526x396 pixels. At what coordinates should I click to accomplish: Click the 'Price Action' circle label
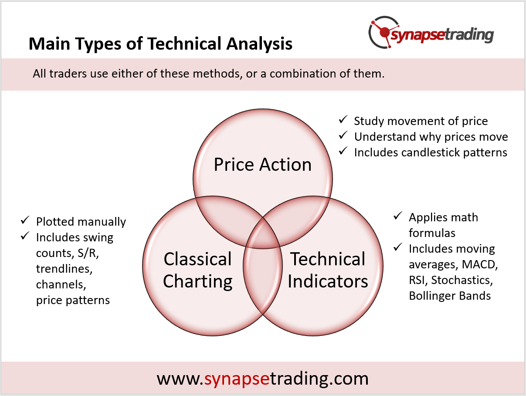[x=263, y=165]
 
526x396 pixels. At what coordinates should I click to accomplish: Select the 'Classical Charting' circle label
[x=198, y=270]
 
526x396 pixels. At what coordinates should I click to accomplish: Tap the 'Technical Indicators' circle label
[x=328, y=270]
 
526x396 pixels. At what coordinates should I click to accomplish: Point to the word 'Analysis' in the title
[x=259, y=44]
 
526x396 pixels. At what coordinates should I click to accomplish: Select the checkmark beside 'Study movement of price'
[x=343, y=119]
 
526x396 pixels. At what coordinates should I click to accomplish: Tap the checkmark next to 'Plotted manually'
[x=25, y=220]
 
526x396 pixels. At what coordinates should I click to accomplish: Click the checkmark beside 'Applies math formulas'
[x=398, y=216]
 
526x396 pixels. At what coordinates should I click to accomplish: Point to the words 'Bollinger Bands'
[x=450, y=296]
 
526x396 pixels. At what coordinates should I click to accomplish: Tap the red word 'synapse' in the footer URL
[x=237, y=379]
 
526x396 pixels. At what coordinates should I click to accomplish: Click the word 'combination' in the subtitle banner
[x=303, y=74]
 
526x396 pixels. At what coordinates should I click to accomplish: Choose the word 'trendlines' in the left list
[x=64, y=269]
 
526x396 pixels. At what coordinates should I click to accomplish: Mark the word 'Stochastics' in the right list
[x=462, y=280]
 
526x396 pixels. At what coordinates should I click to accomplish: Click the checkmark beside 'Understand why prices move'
[x=343, y=135]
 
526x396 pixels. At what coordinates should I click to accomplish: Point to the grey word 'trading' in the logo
[x=469, y=36]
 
